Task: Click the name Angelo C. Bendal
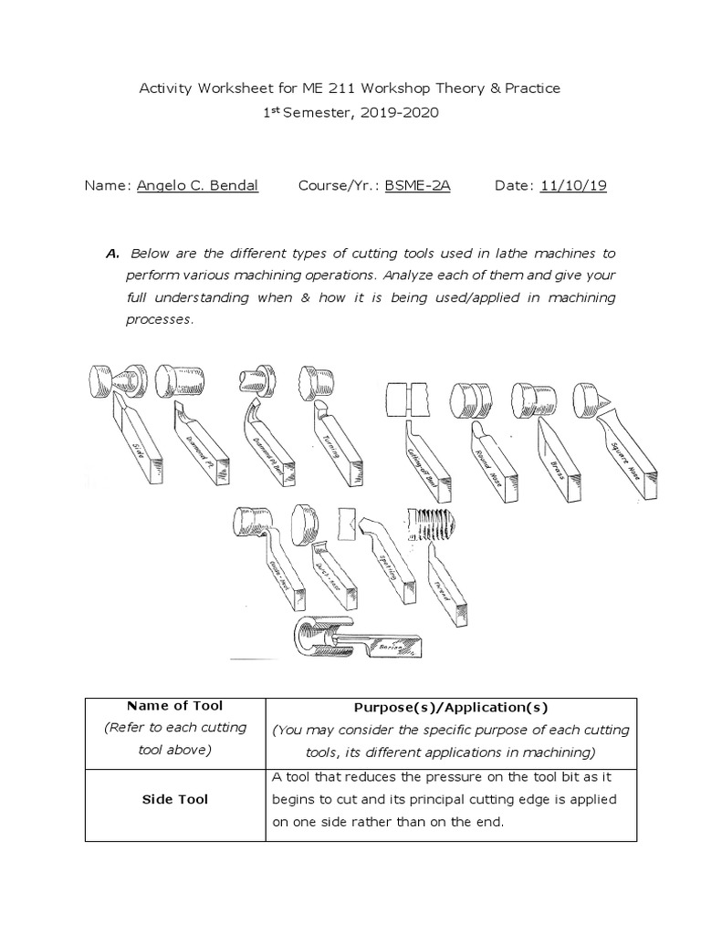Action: tap(197, 186)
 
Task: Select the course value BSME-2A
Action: tap(418, 186)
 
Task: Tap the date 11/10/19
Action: tap(573, 186)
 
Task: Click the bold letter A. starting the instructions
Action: tap(114, 253)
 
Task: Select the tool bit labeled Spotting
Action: tap(391, 561)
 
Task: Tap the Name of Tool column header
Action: tap(174, 705)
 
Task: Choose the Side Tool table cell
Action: tap(174, 799)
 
